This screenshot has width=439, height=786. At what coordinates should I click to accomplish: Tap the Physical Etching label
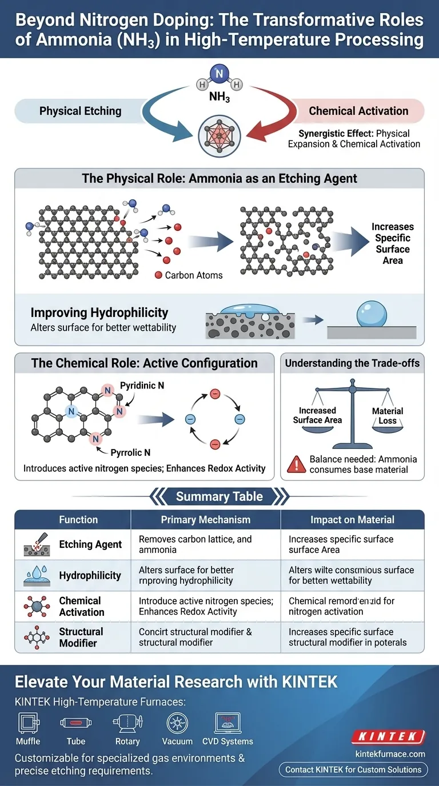tap(80, 111)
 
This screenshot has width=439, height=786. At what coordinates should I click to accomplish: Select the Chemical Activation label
tap(358, 111)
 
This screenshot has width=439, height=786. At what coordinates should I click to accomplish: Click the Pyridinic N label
tap(142, 386)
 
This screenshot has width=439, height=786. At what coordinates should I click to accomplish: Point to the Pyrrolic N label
tap(131, 452)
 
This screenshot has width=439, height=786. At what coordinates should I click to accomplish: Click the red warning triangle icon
tap(295, 464)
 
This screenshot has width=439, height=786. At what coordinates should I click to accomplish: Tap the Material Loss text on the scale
tap(387, 416)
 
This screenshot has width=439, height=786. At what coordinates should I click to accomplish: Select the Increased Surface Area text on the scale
tap(317, 415)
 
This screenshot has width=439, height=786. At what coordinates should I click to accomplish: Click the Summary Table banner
tap(219, 496)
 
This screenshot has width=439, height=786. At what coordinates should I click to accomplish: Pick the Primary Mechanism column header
tap(206, 520)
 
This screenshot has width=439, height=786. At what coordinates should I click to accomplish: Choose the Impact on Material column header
tap(352, 520)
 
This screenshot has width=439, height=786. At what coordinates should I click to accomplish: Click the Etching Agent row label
tap(90, 544)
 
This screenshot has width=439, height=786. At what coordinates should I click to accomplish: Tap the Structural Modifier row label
tap(81, 637)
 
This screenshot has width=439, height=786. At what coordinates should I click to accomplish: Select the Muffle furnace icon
tap(28, 723)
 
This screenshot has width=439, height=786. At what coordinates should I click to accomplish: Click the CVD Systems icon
tap(226, 723)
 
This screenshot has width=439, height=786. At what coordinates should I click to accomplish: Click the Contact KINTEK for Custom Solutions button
tap(353, 769)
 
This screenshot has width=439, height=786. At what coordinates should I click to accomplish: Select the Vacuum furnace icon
tap(177, 723)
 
